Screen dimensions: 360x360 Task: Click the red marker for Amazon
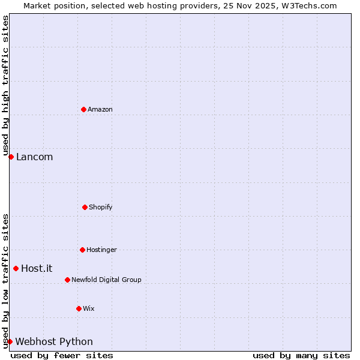83,109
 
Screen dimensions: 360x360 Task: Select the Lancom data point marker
11,157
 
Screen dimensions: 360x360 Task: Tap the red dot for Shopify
85,207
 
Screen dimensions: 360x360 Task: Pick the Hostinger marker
82,250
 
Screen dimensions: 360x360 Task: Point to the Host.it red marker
16,268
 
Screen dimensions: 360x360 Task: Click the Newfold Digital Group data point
67,280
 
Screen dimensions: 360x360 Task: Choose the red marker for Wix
79,308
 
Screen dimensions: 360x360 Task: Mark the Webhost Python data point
10,341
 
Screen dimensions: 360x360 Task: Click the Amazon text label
100,109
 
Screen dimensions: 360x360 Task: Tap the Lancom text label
34,157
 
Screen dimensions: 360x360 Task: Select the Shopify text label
101,207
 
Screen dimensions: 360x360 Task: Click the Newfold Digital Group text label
106,280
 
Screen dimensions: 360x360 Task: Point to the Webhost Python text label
54,342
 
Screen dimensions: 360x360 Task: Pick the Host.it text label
37,269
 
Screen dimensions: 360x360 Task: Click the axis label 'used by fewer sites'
62,355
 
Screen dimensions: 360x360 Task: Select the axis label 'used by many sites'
301,355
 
